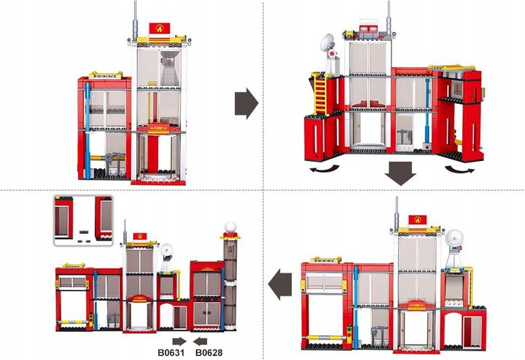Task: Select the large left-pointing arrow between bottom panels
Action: pos(279,281)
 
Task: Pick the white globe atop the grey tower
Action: pos(230,227)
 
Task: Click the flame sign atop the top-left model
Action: pos(160,28)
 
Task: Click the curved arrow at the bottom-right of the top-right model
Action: pos(461,168)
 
